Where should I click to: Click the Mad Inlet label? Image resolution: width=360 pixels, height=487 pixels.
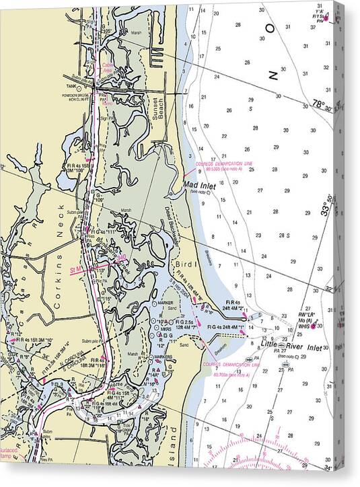pyautogui.click(x=199, y=184)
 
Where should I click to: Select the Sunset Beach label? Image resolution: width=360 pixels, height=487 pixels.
pyautogui.click(x=159, y=106)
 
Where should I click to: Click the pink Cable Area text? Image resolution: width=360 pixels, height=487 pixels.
pyautogui.click(x=106, y=67)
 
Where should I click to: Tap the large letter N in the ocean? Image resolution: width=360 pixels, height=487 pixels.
pyautogui.click(x=272, y=75)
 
